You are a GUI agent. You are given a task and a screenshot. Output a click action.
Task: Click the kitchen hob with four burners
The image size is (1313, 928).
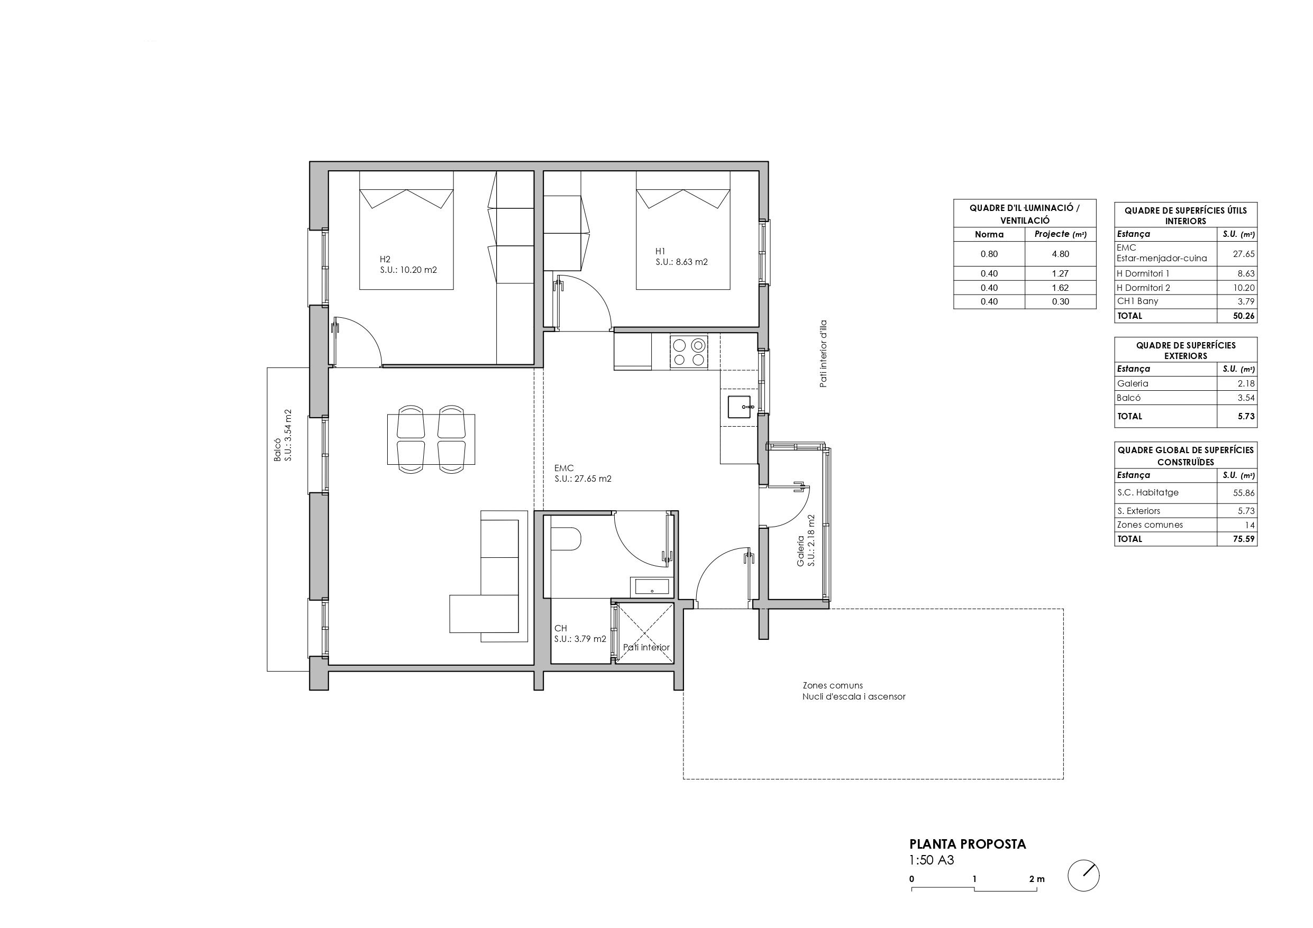(x=689, y=352)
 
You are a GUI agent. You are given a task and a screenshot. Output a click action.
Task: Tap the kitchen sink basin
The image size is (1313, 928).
(x=741, y=407)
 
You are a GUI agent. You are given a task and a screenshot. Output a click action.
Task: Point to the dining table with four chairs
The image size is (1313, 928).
(x=431, y=439)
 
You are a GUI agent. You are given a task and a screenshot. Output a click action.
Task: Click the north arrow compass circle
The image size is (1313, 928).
(x=1083, y=876)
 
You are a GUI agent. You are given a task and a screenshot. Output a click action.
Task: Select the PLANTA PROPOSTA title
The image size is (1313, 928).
(x=968, y=844)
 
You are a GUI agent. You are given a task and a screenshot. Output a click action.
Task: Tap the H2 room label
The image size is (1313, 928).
(x=385, y=259)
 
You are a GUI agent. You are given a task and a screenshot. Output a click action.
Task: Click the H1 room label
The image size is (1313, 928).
(x=661, y=251)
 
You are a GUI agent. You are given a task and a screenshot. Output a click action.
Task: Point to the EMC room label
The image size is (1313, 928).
(x=564, y=468)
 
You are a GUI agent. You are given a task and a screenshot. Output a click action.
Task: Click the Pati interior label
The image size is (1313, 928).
(x=646, y=647)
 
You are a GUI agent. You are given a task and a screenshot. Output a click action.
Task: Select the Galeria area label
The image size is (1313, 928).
(x=800, y=555)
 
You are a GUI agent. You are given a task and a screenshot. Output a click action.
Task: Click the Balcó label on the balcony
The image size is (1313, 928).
(x=277, y=450)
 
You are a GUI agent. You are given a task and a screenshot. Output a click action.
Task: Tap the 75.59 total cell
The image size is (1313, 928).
(x=1243, y=539)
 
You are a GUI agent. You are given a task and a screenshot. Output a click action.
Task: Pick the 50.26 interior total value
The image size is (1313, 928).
(x=1243, y=316)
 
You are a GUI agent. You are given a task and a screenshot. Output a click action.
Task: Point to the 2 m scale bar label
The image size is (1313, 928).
(x=1036, y=879)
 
